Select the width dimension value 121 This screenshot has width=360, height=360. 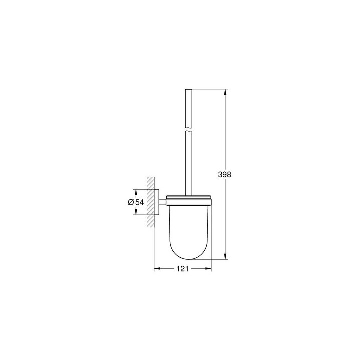tap(182, 269)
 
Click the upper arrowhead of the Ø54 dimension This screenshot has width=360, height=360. tap(135, 191)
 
